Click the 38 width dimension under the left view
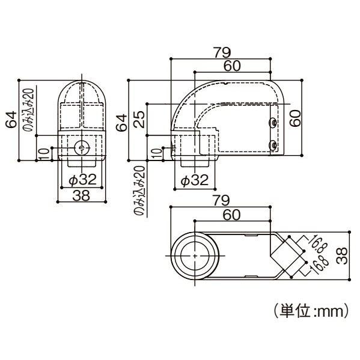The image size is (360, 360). point(82,195)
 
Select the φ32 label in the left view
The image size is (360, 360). point(81,179)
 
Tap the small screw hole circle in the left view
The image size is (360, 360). point(81,147)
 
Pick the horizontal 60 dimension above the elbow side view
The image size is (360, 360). point(233,66)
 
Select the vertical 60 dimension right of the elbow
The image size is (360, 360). point(294,118)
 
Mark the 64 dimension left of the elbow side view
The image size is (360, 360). point(122,121)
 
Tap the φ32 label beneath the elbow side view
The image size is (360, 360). point(194,179)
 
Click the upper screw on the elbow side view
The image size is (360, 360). point(273,123)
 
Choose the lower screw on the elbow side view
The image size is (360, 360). point(273,145)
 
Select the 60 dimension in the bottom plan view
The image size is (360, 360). point(233,214)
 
